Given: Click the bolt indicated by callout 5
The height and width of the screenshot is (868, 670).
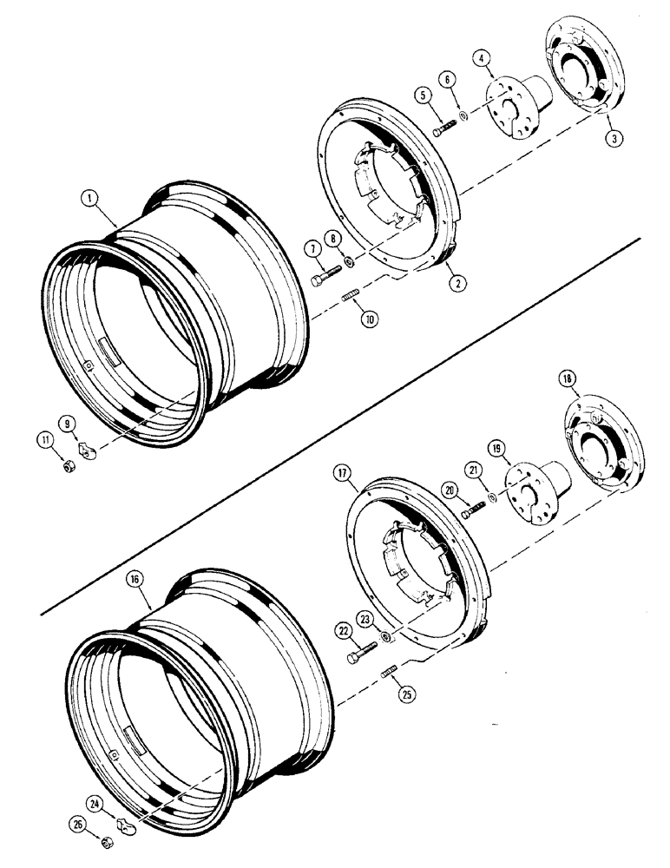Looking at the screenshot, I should pyautogui.click(x=443, y=128).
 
